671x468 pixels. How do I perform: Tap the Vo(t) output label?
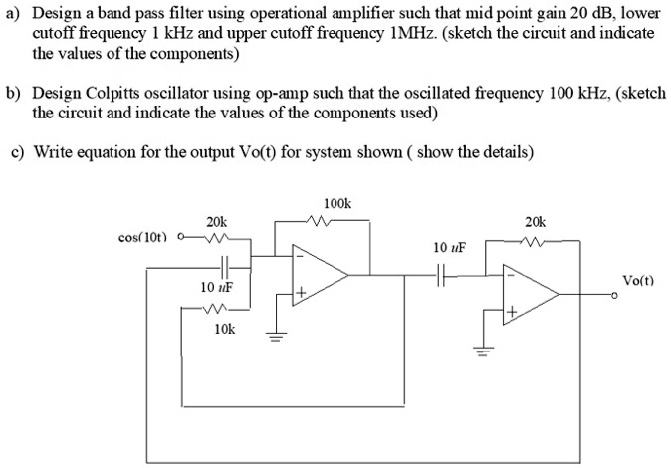(x=638, y=281)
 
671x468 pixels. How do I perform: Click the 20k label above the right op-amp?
(x=535, y=222)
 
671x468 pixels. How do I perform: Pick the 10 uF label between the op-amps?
(x=450, y=245)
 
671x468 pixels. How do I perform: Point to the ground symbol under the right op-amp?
(x=487, y=351)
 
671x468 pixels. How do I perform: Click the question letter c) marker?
(x=16, y=151)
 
